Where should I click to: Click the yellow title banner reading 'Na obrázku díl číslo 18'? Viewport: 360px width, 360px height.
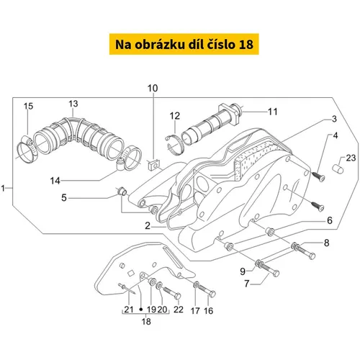[184, 44]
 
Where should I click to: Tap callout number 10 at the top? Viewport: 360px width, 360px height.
[153, 89]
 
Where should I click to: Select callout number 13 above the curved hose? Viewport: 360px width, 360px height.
[73, 104]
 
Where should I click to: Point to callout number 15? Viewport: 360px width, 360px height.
[28, 106]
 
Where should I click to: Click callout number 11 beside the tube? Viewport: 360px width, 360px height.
[272, 112]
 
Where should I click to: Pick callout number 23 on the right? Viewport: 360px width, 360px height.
[351, 158]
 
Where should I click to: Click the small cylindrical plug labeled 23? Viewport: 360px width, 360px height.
[338, 168]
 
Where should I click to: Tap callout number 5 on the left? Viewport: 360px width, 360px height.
[64, 198]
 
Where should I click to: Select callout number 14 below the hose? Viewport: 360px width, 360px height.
[55, 181]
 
